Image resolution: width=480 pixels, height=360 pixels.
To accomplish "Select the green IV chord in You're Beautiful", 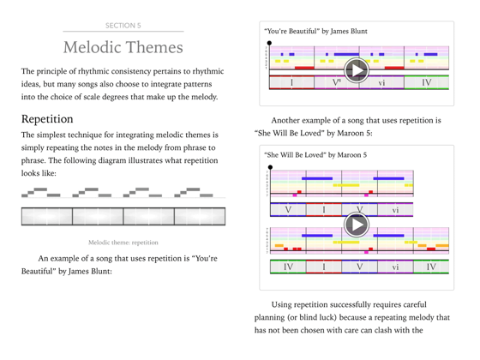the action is point(426,82).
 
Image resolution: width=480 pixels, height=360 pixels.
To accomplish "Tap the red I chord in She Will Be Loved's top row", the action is point(324,209).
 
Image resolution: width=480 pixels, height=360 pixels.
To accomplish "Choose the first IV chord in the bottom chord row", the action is point(288,267).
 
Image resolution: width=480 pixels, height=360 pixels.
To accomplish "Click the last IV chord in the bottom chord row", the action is point(430,267).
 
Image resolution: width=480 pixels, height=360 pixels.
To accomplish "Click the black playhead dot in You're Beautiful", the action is point(270,42).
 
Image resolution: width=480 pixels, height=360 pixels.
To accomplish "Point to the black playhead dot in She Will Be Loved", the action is point(270,166).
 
